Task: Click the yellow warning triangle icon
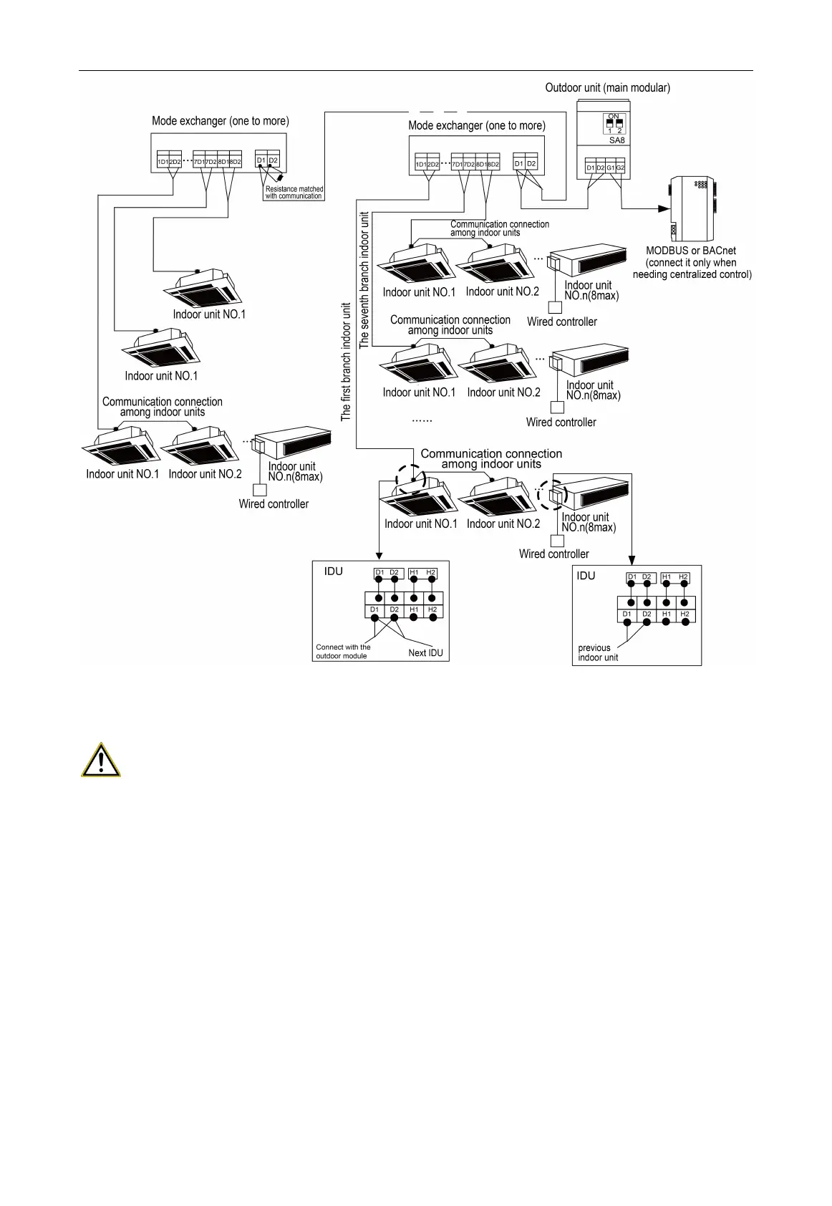101,761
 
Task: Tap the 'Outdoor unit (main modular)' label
607,88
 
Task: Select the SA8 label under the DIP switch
616,140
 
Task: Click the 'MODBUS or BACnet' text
691,251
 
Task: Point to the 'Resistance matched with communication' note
294,193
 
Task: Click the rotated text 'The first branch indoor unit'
347,362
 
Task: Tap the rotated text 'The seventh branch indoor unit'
364,279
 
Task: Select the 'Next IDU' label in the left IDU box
427,652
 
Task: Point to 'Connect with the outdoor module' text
343,651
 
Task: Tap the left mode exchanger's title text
221,121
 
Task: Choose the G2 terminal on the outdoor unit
621,168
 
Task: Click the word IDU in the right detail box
586,576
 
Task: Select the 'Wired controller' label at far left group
274,504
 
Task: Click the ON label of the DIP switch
614,116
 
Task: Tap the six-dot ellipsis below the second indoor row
422,420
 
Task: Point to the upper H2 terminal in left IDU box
430,572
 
